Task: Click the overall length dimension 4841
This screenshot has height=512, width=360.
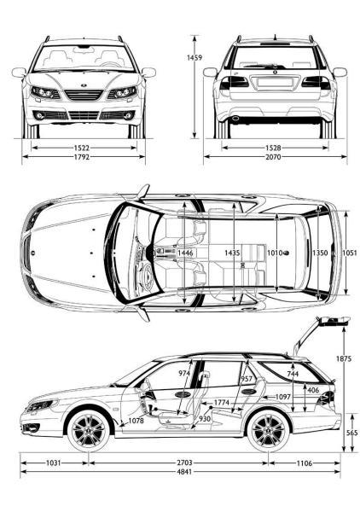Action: click(x=184, y=472)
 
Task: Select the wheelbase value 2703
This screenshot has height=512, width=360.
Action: click(x=184, y=463)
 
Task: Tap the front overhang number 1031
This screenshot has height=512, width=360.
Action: click(x=53, y=463)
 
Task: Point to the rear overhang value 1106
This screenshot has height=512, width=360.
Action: click(x=305, y=463)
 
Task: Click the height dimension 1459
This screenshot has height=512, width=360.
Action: click(x=195, y=58)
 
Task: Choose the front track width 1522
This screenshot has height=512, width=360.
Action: click(x=82, y=148)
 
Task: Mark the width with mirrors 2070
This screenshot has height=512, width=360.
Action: click(x=273, y=157)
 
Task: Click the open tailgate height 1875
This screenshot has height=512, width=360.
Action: click(x=344, y=359)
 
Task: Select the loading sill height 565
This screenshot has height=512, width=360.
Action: click(x=351, y=433)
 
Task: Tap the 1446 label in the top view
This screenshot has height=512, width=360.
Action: click(x=185, y=253)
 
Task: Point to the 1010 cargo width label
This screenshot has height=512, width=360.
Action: click(x=276, y=253)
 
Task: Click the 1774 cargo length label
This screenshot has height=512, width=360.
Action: click(x=222, y=402)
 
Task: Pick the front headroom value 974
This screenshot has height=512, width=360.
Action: click(x=184, y=373)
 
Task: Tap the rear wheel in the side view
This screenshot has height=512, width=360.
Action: click(x=268, y=431)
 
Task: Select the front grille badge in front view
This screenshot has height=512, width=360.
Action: click(x=84, y=85)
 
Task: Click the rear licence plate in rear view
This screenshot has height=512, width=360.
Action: click(x=275, y=82)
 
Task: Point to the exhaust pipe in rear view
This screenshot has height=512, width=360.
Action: click(x=235, y=118)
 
